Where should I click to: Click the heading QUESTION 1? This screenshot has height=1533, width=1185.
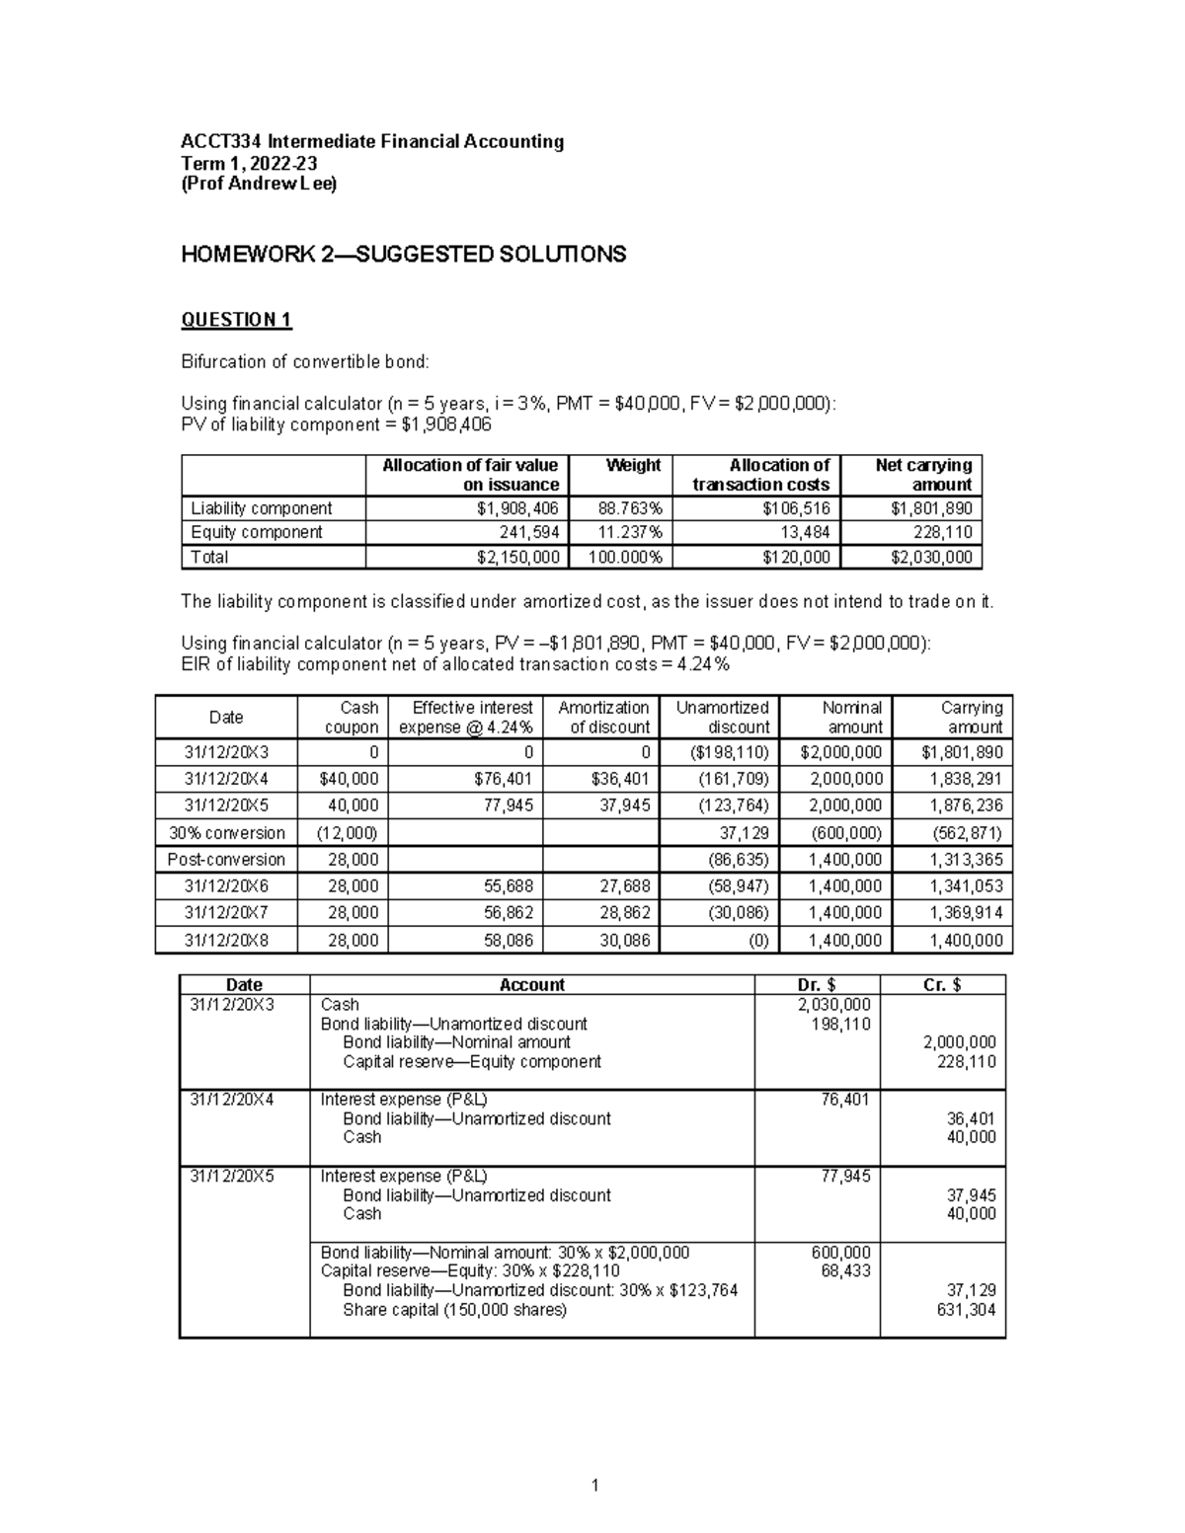click(x=236, y=320)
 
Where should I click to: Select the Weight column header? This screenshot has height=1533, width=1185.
click(x=633, y=465)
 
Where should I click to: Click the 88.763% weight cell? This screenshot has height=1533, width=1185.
click(x=633, y=508)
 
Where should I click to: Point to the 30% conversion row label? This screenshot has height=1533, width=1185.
click(x=226, y=833)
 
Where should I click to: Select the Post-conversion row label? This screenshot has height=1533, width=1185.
click(x=226, y=860)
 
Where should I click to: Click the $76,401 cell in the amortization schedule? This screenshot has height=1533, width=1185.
click(x=504, y=779)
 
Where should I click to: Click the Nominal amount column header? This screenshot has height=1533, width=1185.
click(x=852, y=717)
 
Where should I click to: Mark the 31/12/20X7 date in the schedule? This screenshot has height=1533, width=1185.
click(x=226, y=913)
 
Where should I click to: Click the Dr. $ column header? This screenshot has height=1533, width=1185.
click(x=817, y=984)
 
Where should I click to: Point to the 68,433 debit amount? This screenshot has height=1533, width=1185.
click(x=845, y=1271)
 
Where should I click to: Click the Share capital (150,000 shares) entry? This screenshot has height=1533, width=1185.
click(x=454, y=1310)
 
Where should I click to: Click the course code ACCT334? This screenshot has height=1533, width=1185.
click(x=222, y=141)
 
